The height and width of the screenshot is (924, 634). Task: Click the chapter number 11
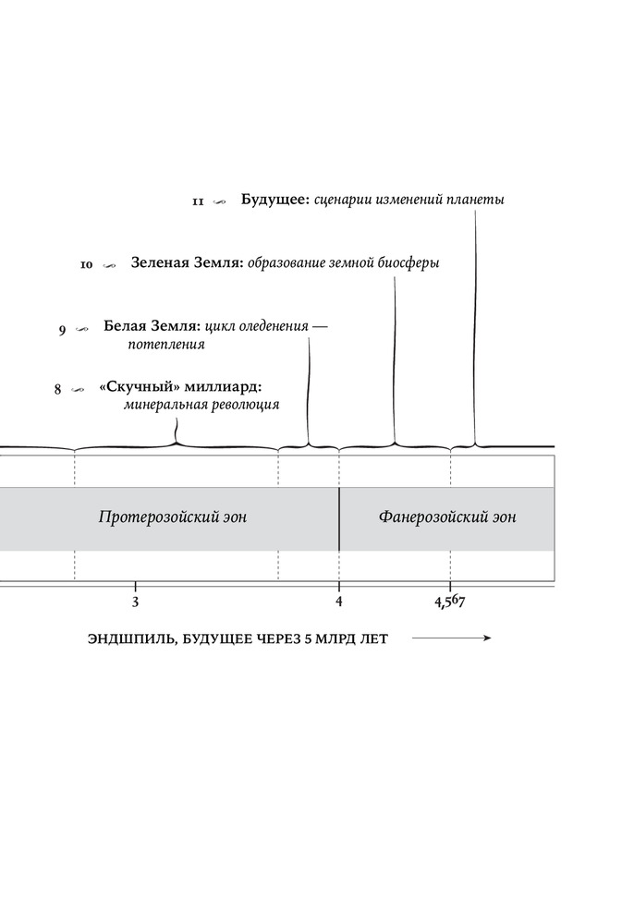click(198, 202)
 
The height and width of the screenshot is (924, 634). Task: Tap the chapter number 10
click(86, 265)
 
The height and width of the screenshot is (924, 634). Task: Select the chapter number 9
click(63, 331)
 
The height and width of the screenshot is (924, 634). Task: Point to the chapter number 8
click(57, 390)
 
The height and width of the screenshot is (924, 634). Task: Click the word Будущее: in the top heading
click(275, 200)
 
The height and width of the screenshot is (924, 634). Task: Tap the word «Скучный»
click(140, 387)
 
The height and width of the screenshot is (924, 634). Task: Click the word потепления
click(166, 346)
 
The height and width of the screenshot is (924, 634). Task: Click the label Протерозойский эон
click(173, 517)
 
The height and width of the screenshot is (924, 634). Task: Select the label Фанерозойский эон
click(447, 517)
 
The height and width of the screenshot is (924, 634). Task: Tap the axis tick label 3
click(136, 602)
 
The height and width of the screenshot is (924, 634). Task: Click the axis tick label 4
click(339, 602)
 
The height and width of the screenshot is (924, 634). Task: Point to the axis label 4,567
click(449, 602)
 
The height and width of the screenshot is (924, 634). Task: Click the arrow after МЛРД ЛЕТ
click(451, 638)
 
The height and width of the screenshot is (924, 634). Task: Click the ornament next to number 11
click(219, 202)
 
